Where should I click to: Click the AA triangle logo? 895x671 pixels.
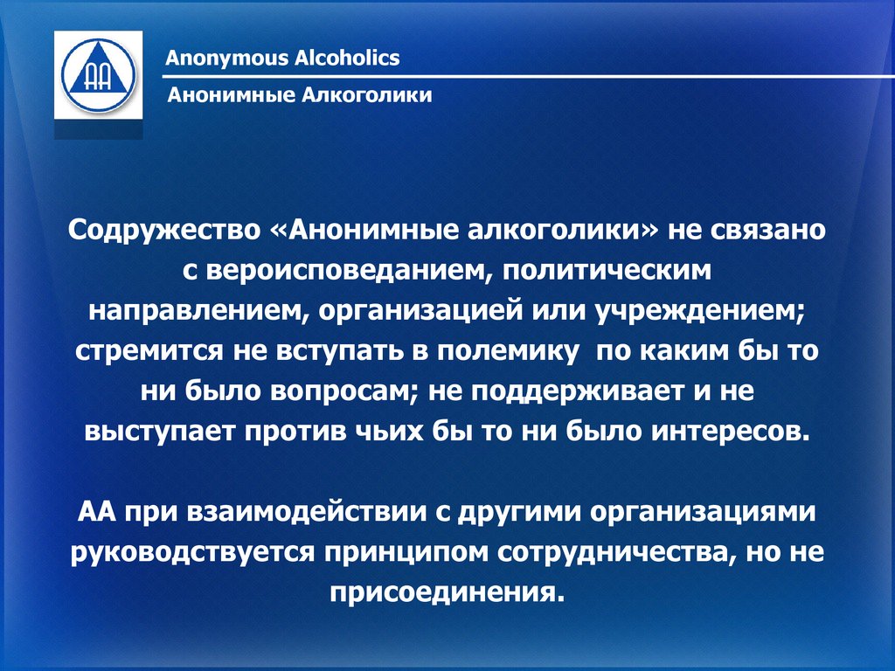click(98, 75)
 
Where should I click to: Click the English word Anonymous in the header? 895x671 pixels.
click(226, 59)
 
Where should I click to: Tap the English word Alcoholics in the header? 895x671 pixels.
click(347, 58)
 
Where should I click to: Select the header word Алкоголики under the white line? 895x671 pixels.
click(366, 94)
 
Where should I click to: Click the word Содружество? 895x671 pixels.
click(163, 231)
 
